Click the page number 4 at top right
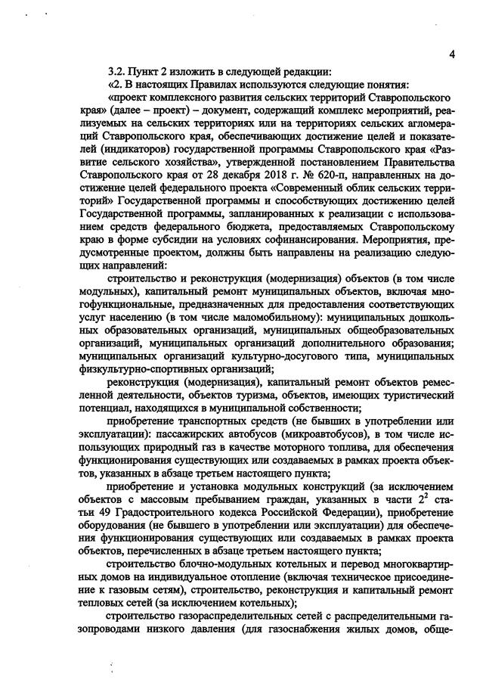tap(450, 54)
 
